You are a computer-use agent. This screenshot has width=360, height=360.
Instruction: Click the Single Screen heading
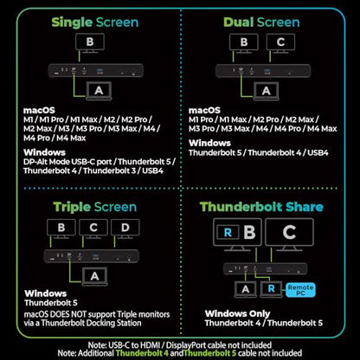point(95,22)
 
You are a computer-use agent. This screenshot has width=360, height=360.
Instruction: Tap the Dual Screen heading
point(261,22)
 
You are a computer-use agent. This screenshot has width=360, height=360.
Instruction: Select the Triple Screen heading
point(95,207)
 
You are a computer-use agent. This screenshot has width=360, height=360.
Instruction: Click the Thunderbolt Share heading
point(261,207)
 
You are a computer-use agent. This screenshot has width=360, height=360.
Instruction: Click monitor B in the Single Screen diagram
point(90,43)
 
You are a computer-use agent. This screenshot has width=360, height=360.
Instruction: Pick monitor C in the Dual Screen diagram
point(280,43)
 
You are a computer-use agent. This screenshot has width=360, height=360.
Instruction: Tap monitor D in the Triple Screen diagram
point(125,228)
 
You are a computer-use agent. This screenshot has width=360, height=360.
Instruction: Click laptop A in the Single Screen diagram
point(99,91)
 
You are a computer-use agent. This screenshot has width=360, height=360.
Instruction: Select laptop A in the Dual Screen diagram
point(267,91)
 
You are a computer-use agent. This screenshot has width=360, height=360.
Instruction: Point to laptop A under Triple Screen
point(94,277)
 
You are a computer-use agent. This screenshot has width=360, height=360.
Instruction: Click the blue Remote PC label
point(300,290)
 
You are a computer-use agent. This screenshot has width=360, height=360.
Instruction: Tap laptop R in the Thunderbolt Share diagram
point(271,289)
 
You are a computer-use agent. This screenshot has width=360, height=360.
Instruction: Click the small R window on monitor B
point(228,232)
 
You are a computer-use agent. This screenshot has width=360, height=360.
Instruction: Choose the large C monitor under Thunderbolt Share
point(289,235)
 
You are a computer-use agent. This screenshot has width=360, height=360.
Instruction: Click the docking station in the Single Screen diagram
point(95,70)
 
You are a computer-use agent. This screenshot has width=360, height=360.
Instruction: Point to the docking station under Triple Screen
point(92,256)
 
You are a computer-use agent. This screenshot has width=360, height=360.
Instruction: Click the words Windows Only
point(237,313)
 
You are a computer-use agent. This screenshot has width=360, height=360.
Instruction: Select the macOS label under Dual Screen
point(204,110)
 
